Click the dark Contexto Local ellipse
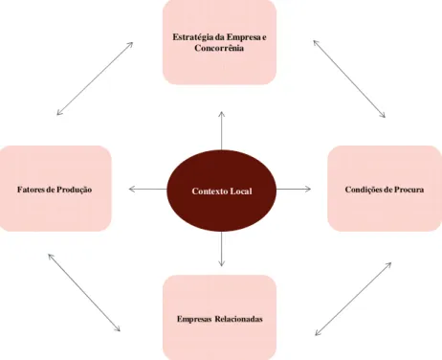pyautogui.click(x=222, y=191)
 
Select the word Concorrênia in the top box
pyautogui.click(x=219, y=48)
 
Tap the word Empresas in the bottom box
pyautogui.click(x=194, y=319)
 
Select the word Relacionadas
pyautogui.click(x=238, y=319)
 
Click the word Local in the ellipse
pyautogui.click(x=241, y=191)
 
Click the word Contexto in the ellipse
pyautogui.click(x=210, y=191)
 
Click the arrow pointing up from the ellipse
pyautogui.click(x=222, y=131)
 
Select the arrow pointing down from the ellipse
pyautogui.click(x=222, y=249)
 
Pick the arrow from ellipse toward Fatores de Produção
pyautogui.click(x=148, y=189)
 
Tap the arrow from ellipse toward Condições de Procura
pyautogui.click(x=294, y=189)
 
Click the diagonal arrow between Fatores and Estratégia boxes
pyautogui.click(x=95, y=79)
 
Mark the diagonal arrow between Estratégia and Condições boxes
pyautogui.click(x=349, y=79)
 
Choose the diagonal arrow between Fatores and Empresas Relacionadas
pyautogui.click(x=84, y=292)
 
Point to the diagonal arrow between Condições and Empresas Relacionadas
pyautogui.click(x=353, y=299)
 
